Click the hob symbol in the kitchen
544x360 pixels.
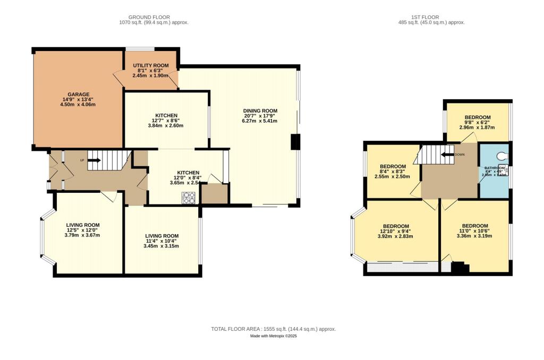[x=189, y=198]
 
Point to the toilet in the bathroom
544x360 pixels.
[x=503, y=157]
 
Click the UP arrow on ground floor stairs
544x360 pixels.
[x=93, y=159]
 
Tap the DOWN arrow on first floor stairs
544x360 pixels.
[x=448, y=155]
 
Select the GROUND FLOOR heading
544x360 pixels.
[x=154, y=16]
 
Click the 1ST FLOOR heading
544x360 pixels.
[x=431, y=16]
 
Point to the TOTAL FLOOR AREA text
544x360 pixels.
[x=273, y=329]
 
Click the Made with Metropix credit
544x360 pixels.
[x=273, y=336]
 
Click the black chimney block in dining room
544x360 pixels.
[x=295, y=142]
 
